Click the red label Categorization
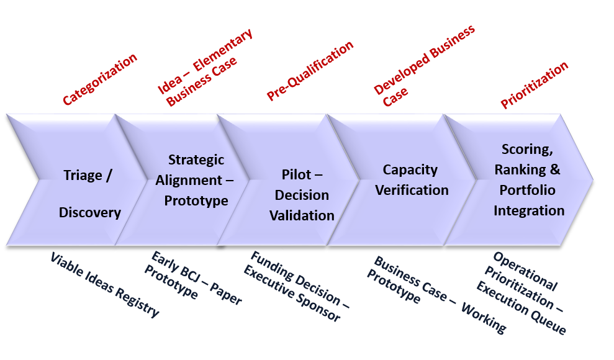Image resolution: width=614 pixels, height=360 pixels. click(x=100, y=79)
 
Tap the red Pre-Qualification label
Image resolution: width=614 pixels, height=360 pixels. click(x=310, y=71)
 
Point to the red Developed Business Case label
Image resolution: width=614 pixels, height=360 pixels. click(x=424, y=65)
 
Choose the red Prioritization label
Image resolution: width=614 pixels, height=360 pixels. click(x=534, y=86)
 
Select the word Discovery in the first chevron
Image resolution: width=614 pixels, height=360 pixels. click(x=89, y=212)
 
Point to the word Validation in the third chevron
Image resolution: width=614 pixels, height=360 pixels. click(x=302, y=215)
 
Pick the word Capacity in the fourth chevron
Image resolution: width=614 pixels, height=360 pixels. click(x=410, y=169)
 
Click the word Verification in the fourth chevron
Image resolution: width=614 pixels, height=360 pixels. click(x=412, y=190)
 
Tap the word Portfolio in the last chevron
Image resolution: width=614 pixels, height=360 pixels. click(x=529, y=190)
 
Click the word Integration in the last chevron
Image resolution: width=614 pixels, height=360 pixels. click(x=529, y=210)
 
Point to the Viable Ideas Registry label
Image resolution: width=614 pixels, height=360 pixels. click(x=104, y=284)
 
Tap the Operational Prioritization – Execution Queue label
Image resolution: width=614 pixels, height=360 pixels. click(x=525, y=292)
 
